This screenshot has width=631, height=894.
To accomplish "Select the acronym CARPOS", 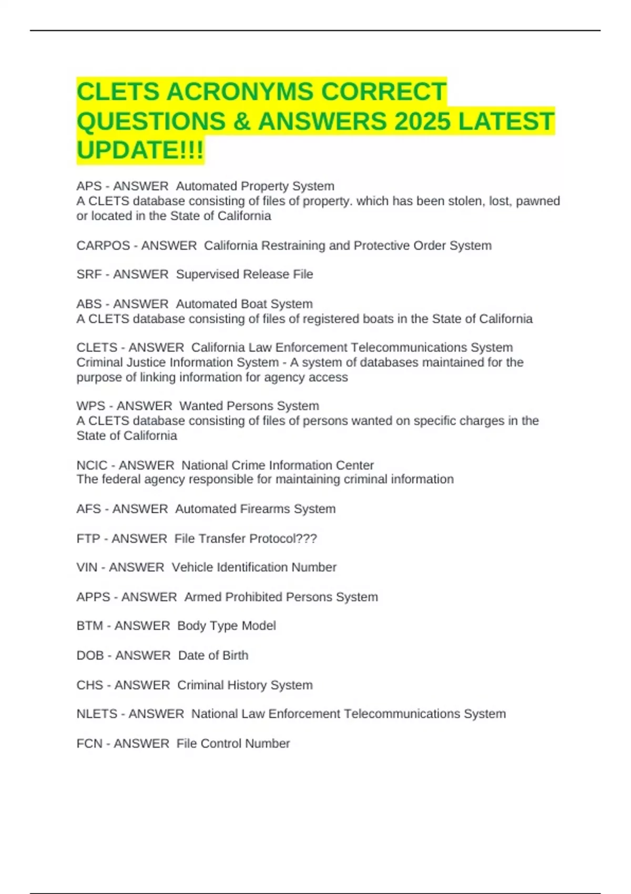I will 103,246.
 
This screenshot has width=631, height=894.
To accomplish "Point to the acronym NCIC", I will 91,465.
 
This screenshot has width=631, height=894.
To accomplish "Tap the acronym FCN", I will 89,744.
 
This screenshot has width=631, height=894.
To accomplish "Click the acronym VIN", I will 87,567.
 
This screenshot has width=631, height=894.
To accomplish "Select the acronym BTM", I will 90,626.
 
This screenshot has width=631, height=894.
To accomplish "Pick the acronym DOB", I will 90,655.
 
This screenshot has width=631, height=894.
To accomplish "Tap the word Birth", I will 235,655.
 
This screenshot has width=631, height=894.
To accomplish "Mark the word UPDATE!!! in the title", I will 140,150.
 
